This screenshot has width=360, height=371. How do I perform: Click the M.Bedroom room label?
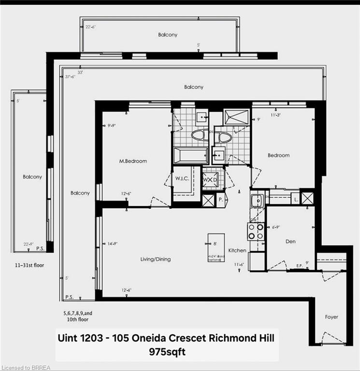coord(133,161)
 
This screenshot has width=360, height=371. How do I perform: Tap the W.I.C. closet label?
coord(182,178)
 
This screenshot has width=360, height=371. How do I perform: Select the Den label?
coord(290,241)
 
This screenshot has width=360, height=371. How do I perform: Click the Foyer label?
coord(331,317)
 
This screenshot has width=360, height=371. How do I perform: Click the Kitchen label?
coord(237,250)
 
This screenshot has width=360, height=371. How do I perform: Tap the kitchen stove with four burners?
coord(256,231)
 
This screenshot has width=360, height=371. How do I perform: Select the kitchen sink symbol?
coord(256,199)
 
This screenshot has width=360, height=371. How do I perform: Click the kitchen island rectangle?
coord(216,247)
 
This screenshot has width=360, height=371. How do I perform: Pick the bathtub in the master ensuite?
coord(190,156)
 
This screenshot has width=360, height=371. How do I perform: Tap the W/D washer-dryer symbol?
coord(210,180)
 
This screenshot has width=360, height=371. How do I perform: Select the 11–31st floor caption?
coord(30,265)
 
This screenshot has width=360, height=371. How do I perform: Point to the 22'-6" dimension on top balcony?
coord(90,27)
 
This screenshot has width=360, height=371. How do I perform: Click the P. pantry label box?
coord(220,199)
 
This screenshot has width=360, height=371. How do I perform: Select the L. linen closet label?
coord(294,199)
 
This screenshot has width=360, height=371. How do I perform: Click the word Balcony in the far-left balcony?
coord(32,177)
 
